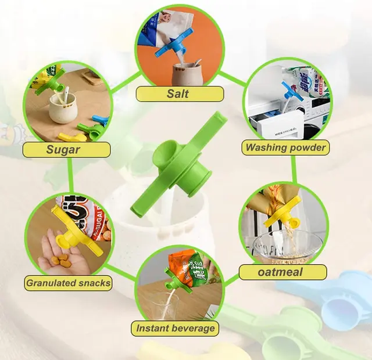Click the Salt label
[180, 94]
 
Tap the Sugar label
[66, 150]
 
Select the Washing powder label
[285, 147]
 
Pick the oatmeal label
[282, 272]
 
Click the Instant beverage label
[175, 328]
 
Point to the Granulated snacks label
[68, 283]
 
